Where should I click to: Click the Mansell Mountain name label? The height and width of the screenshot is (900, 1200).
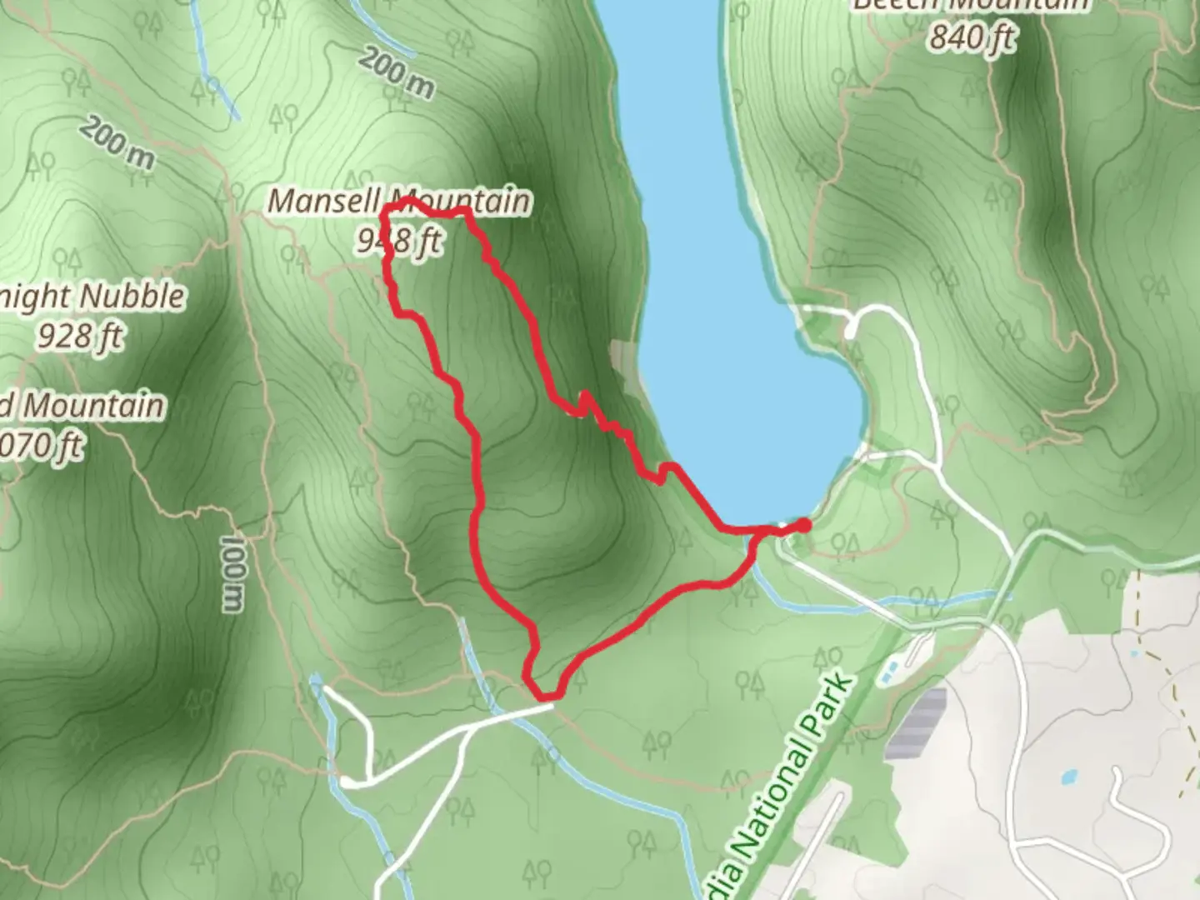point(399,202)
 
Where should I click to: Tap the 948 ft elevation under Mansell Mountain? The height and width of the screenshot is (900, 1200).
point(398,242)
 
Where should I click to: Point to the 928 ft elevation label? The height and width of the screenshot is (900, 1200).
point(80,336)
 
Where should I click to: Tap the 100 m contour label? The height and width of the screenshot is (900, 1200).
point(232,573)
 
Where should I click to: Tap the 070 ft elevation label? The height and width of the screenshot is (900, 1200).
point(42,447)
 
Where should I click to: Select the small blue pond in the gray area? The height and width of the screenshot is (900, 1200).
point(1067,778)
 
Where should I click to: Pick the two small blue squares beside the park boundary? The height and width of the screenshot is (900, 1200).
point(888,669)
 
